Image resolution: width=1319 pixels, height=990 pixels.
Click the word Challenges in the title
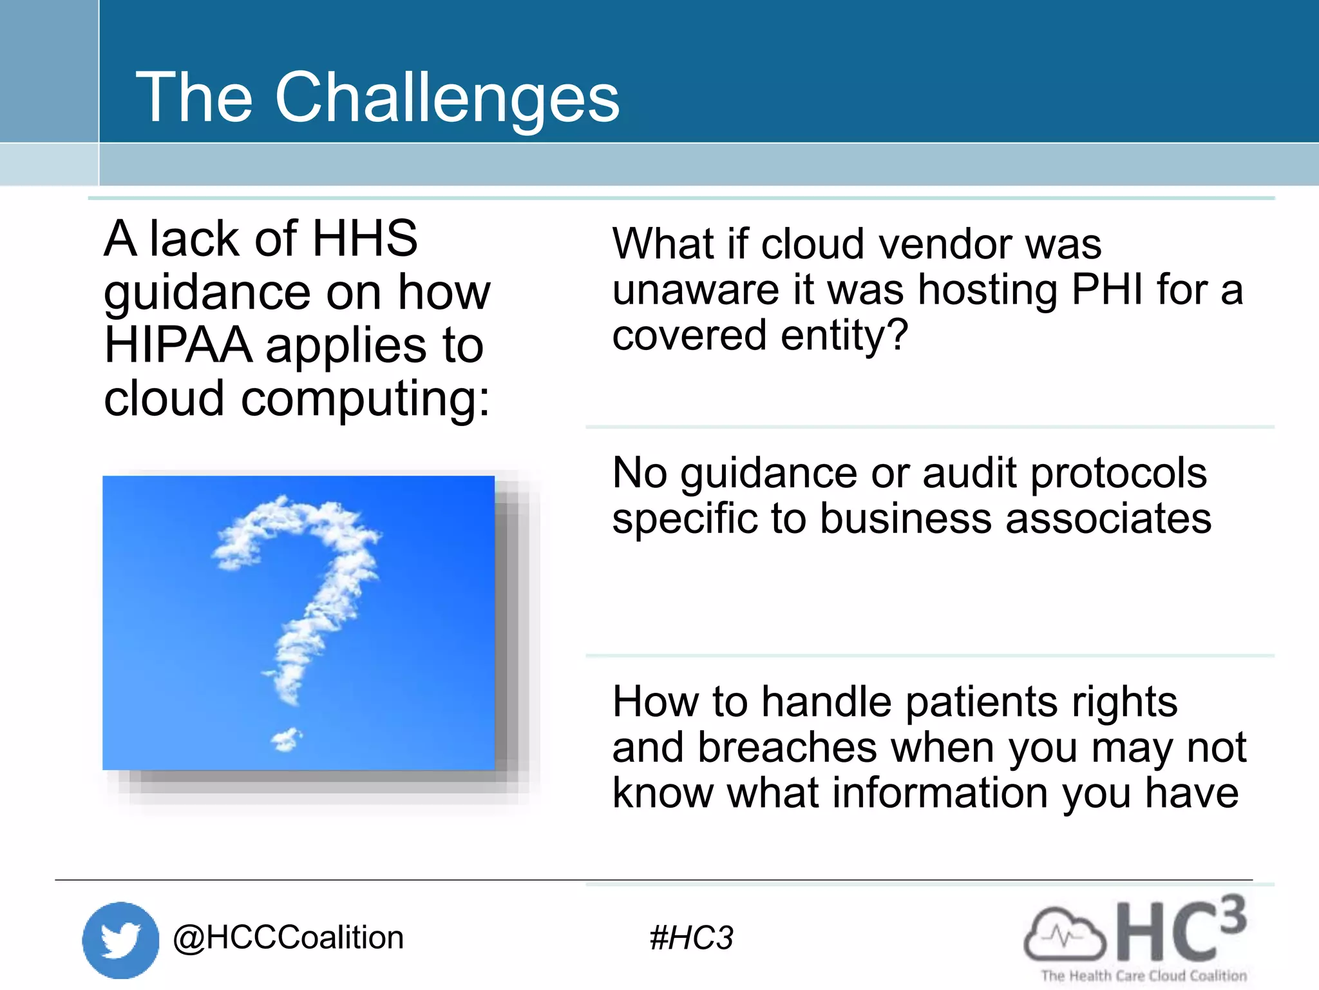[447, 98]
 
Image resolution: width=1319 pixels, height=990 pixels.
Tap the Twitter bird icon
[120, 940]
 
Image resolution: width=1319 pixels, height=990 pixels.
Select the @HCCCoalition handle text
[288, 938]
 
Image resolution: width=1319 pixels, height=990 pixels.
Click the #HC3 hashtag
[691, 938]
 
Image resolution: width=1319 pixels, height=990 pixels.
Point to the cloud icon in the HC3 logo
[1064, 933]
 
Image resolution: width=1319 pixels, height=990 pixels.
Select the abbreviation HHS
[365, 238]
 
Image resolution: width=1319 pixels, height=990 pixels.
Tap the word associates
[1108, 519]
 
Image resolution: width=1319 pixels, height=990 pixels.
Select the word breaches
[788, 748]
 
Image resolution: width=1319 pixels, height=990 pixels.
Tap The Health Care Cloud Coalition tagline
[1144, 976]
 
